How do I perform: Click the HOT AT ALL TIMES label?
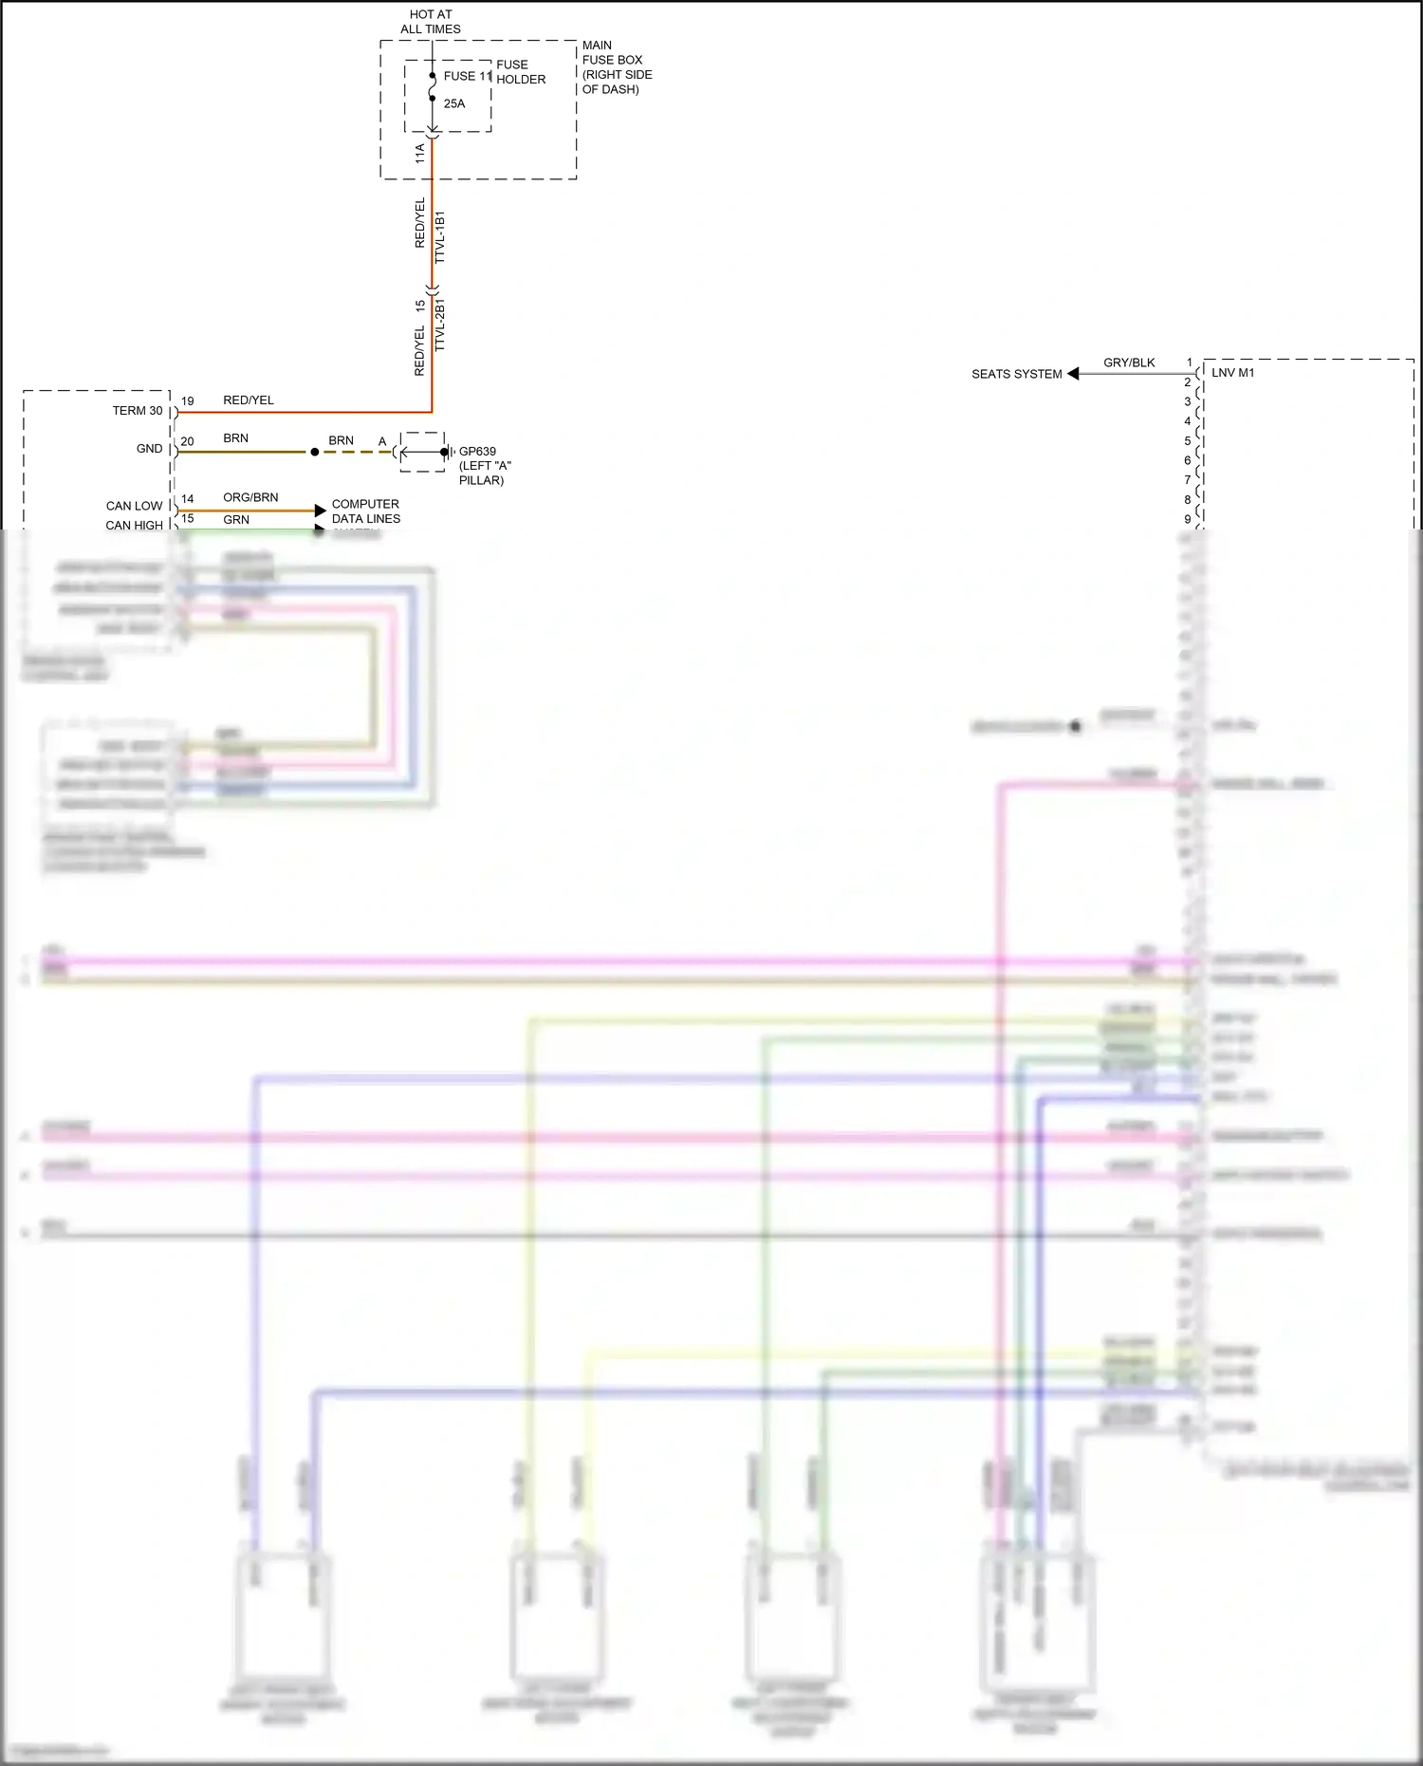pyautogui.click(x=431, y=22)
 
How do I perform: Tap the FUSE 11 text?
pyautogui.click(x=468, y=76)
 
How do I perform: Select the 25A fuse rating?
pyautogui.click(x=454, y=103)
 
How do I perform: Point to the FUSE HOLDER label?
pyautogui.click(x=521, y=72)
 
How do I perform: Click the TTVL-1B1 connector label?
pyautogui.click(x=439, y=237)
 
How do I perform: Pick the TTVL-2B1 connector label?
pyautogui.click(x=439, y=325)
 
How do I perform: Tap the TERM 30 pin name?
pyautogui.click(x=138, y=411)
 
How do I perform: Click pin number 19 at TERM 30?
pyautogui.click(x=188, y=401)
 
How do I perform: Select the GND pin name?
pyautogui.click(x=150, y=449)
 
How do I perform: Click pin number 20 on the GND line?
pyautogui.click(x=188, y=441)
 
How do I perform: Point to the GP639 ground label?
pyautogui.click(x=478, y=452)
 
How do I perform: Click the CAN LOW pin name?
pyautogui.click(x=134, y=506)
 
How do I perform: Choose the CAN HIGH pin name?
pyautogui.click(x=134, y=525)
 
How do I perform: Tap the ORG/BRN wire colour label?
pyautogui.click(x=250, y=497)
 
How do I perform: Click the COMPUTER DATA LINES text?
pyautogui.click(x=365, y=511)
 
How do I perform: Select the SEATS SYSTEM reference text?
pyautogui.click(x=1016, y=374)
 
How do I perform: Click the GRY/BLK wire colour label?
pyautogui.click(x=1129, y=362)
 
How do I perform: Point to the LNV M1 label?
pyautogui.click(x=1232, y=373)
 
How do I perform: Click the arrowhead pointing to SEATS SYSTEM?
pyautogui.click(x=1073, y=374)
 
